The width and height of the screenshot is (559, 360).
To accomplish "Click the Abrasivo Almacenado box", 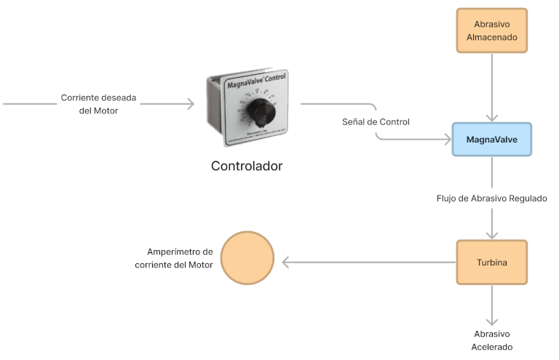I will pyautogui.click(x=491, y=31).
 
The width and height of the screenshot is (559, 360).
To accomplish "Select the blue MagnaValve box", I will pyautogui.click(x=491, y=139).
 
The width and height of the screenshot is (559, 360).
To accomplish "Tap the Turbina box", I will pyautogui.click(x=491, y=262).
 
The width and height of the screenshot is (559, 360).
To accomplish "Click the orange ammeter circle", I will pyautogui.click(x=247, y=258).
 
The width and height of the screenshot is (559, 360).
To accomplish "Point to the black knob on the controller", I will pyautogui.click(x=258, y=111).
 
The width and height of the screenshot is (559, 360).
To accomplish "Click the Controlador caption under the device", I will pyautogui.click(x=246, y=166).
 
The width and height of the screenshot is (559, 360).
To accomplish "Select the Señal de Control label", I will pyautogui.click(x=376, y=121).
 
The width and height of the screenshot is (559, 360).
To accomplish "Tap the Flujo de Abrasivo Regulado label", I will pyautogui.click(x=491, y=198).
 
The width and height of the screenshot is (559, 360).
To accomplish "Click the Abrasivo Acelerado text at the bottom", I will pyautogui.click(x=492, y=340).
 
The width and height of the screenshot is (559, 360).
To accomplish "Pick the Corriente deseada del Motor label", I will pyautogui.click(x=98, y=104).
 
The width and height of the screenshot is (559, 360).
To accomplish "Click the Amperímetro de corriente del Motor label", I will pyautogui.click(x=174, y=257).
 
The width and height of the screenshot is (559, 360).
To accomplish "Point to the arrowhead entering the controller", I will pyautogui.click(x=191, y=104).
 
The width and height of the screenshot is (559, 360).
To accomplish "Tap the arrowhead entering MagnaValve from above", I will pyautogui.click(x=492, y=116).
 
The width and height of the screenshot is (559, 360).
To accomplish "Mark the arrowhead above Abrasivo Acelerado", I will pyautogui.click(x=492, y=321).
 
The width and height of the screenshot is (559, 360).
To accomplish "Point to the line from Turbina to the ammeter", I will pyautogui.click(x=371, y=262).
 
